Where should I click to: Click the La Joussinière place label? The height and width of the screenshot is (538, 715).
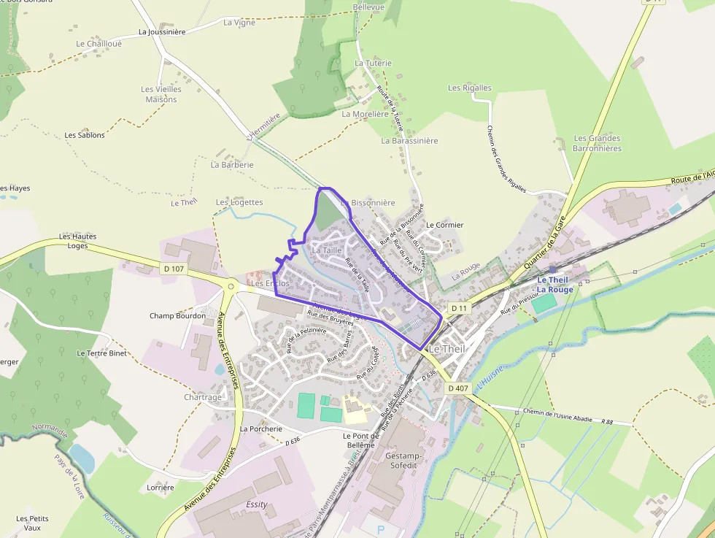coord(162,32)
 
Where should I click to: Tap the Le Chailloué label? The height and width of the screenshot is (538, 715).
coord(98,44)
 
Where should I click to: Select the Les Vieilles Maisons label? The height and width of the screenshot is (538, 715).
coord(161,94)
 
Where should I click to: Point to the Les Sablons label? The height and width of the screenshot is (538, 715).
coord(85,135)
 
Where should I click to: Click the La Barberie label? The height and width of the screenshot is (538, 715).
coord(232,165)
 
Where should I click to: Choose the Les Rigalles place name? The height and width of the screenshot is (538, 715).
coord(470,88)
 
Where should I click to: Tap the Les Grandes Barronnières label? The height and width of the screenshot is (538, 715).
coord(597,143)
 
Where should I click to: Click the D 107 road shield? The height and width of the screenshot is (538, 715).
coord(174,269)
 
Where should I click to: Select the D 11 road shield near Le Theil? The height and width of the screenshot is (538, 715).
coord(458,309)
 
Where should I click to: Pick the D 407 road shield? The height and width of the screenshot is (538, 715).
coord(457,388)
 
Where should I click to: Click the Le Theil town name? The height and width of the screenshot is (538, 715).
coord(446,349)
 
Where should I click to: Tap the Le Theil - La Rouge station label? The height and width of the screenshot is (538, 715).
coord(555,285)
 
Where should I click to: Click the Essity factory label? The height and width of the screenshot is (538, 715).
coord(257,504)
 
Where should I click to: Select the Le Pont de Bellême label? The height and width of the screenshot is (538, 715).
coord(358,440)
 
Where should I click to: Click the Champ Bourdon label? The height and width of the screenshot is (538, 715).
coord(177,316)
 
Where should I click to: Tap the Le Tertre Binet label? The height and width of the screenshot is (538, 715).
coord(101,353)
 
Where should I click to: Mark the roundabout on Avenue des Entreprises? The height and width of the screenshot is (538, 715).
coord(231,287)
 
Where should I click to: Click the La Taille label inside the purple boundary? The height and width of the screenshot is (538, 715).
coord(326,250)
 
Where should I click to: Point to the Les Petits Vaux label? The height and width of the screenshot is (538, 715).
coord(32,523)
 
